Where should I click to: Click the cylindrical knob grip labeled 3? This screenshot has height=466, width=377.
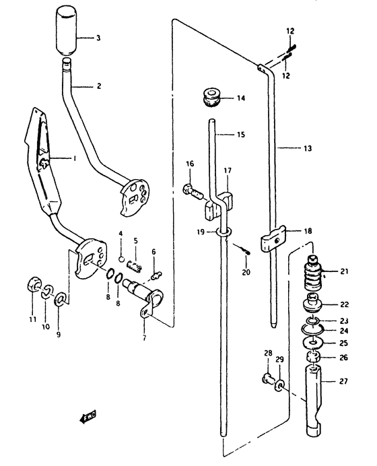[66, 32]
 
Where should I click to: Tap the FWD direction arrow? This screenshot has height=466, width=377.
[88, 417]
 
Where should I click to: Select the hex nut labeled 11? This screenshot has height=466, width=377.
[32, 285]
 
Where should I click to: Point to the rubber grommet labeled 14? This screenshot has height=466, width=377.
[212, 96]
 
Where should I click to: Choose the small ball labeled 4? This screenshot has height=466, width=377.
[121, 259]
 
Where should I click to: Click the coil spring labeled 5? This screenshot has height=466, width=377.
[134, 266]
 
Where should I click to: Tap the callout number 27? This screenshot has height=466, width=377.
[343, 381]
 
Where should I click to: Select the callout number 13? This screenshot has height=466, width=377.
[308, 148]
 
